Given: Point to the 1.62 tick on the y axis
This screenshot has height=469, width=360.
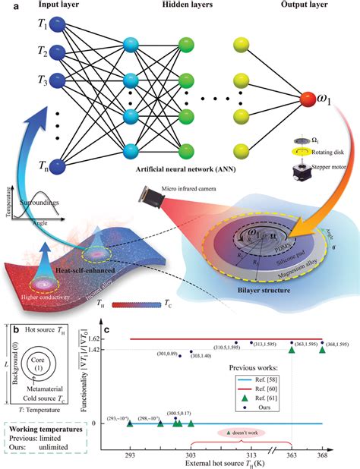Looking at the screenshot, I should click(116, 317).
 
